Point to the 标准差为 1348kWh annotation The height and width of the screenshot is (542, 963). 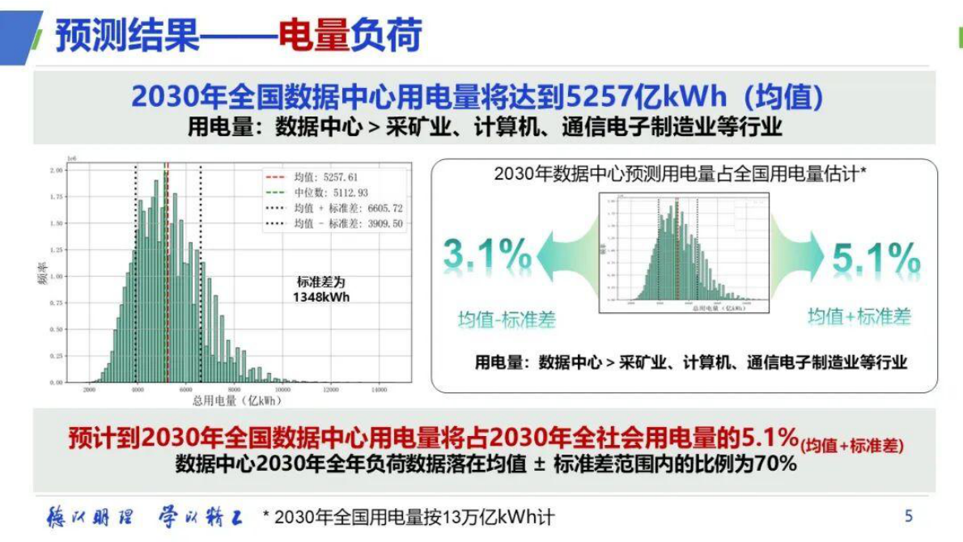coord(320,290)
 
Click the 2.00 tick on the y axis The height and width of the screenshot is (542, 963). coord(57,171)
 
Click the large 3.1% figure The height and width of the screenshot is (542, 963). coord(487,256)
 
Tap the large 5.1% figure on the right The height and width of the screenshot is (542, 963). coord(876,258)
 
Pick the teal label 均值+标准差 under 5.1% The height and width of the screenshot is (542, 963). coord(859,316)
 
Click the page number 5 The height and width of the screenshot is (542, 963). coord(909,516)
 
